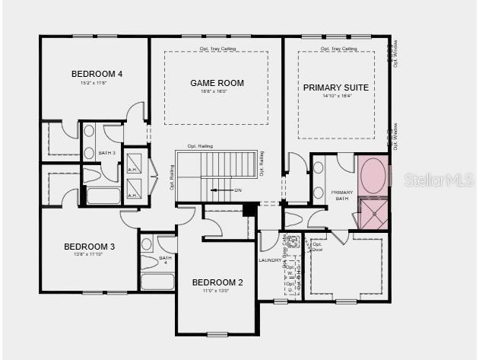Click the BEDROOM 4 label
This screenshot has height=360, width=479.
point(97,74)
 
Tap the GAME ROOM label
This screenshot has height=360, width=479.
point(216,82)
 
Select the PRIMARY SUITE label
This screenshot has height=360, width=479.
point(336,88)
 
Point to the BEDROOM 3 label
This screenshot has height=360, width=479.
point(90,247)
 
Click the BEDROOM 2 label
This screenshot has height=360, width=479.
point(217,283)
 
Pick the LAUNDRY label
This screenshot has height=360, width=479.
point(271,260)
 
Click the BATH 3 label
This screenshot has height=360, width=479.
point(107,154)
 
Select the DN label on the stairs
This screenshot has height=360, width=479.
point(237,190)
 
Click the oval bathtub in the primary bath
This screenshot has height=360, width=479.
point(373,177)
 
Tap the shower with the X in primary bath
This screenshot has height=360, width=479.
point(373,213)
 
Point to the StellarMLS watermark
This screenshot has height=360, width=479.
point(439,180)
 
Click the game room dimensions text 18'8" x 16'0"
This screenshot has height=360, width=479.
point(216,91)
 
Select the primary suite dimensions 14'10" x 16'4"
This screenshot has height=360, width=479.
point(336,97)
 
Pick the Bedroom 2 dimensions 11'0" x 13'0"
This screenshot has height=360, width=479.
point(217,291)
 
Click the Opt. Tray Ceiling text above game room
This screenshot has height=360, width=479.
point(217,49)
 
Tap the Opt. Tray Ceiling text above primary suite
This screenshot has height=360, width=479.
point(338,49)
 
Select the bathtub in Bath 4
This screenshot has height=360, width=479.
point(157,282)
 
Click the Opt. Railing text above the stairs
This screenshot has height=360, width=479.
point(200,146)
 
